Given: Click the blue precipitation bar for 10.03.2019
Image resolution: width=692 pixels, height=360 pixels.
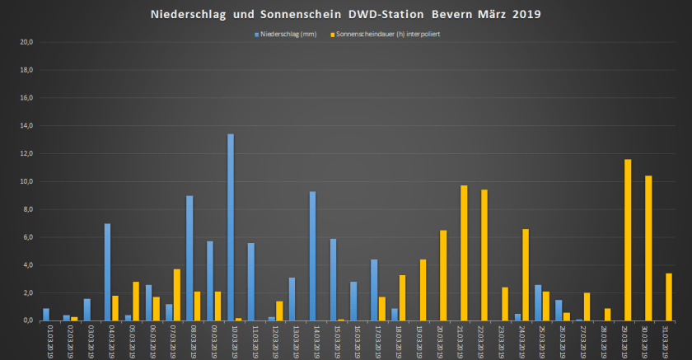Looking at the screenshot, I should [x=231, y=227].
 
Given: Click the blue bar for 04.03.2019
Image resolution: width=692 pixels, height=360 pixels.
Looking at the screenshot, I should [x=107, y=272].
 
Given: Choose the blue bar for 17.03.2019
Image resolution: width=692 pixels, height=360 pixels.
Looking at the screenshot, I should [x=374, y=290].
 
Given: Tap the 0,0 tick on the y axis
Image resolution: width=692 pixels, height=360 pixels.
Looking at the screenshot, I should [x=27, y=320].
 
